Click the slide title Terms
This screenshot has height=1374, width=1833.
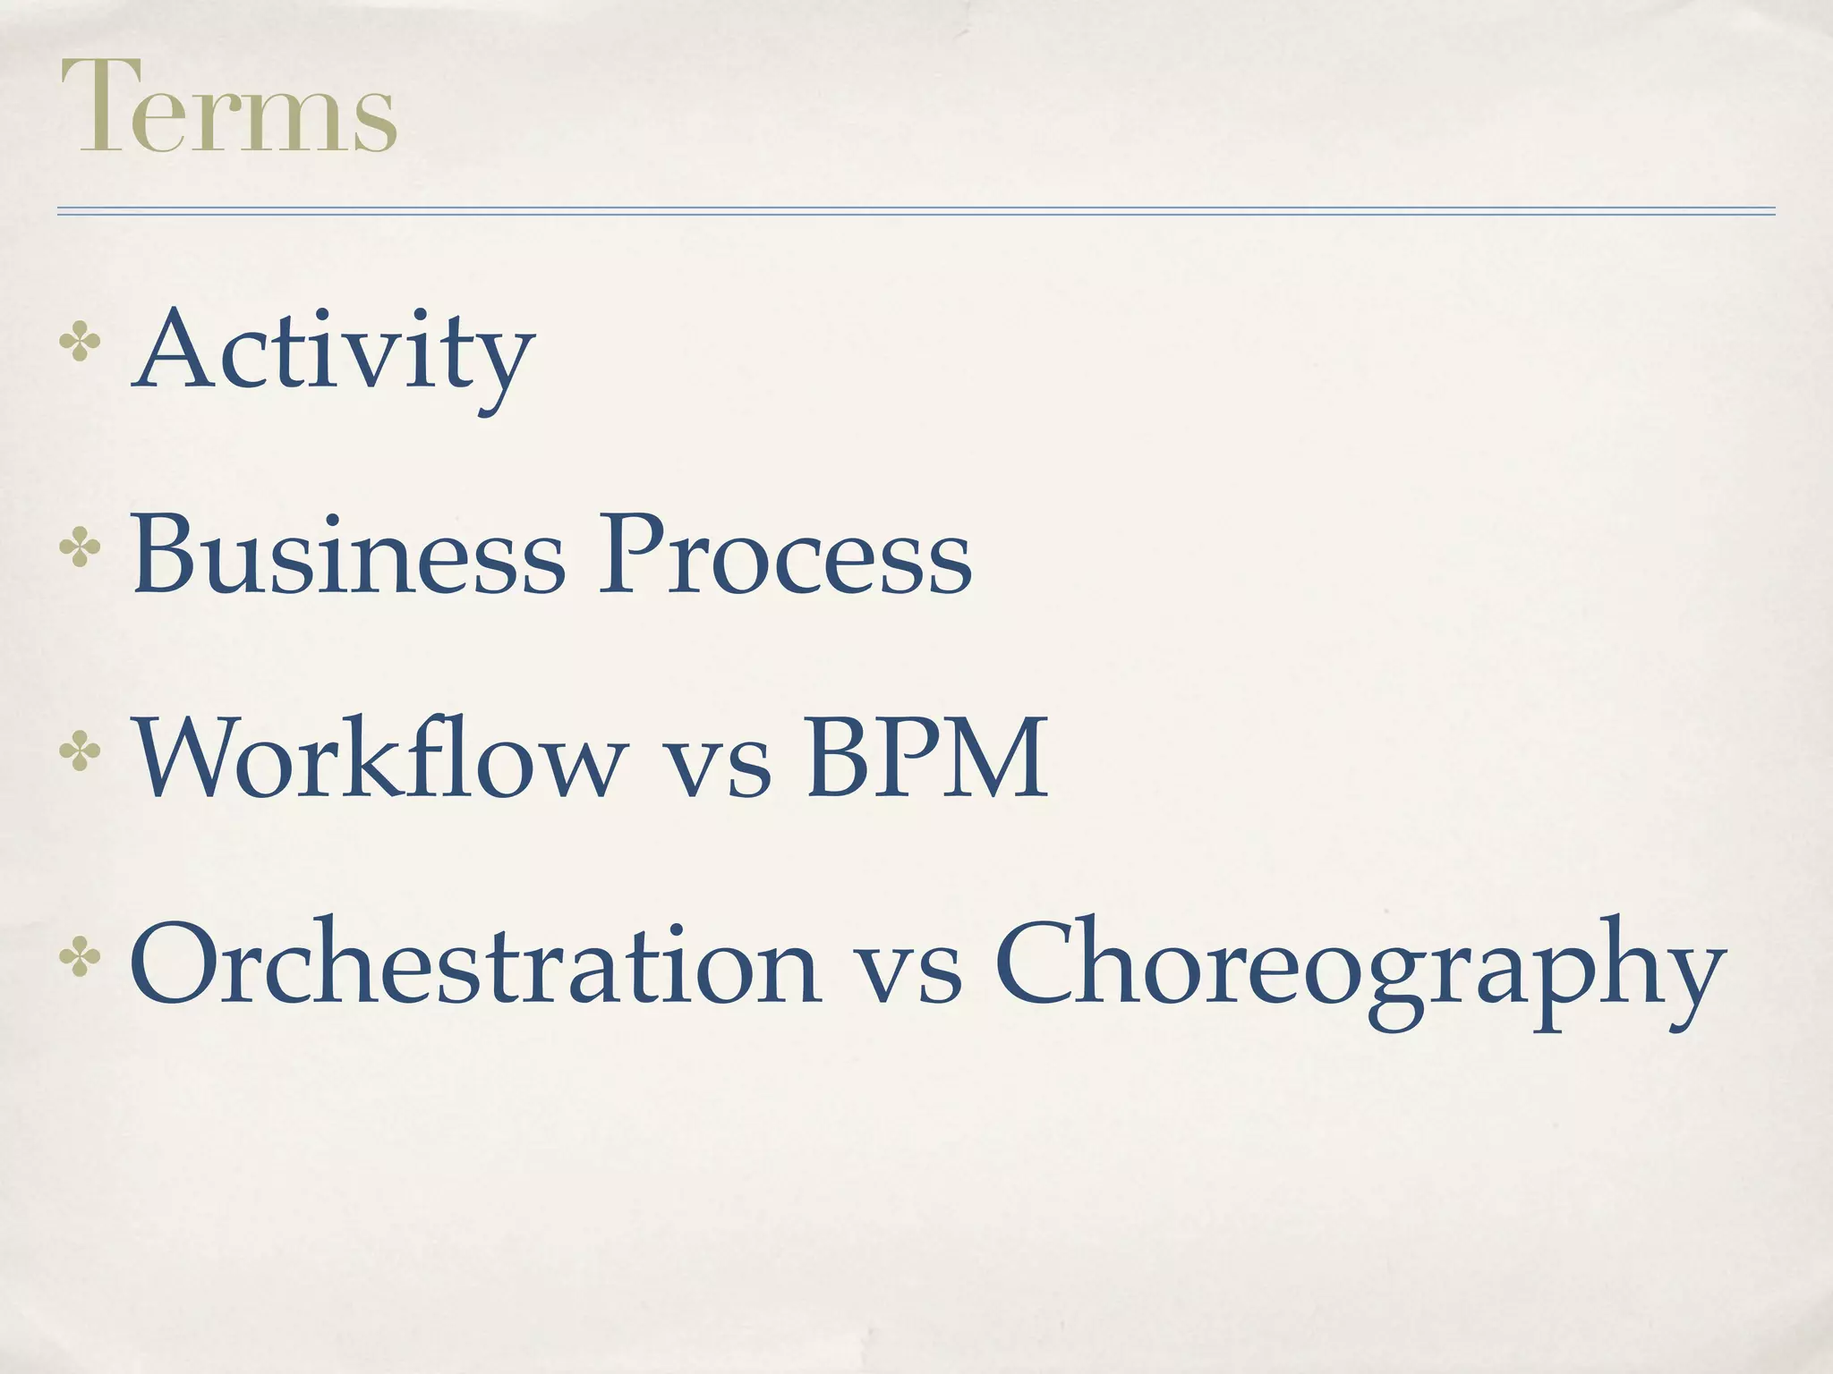click(x=228, y=106)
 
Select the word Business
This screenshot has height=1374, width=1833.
click(x=348, y=555)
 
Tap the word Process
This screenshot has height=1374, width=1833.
click(x=784, y=555)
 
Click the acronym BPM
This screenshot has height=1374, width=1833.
click(x=926, y=759)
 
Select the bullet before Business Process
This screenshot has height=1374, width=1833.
click(x=79, y=549)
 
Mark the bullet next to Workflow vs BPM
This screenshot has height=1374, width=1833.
click(x=79, y=752)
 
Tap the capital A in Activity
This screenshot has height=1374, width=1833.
click(x=175, y=350)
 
